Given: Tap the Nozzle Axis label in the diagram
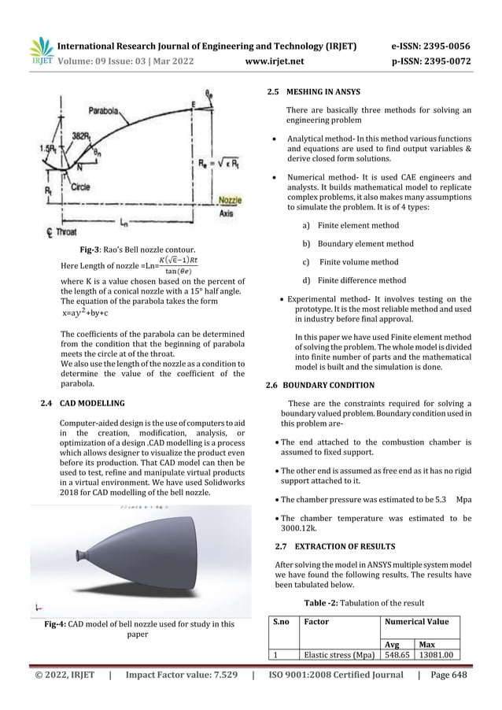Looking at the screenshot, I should point(230,206).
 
